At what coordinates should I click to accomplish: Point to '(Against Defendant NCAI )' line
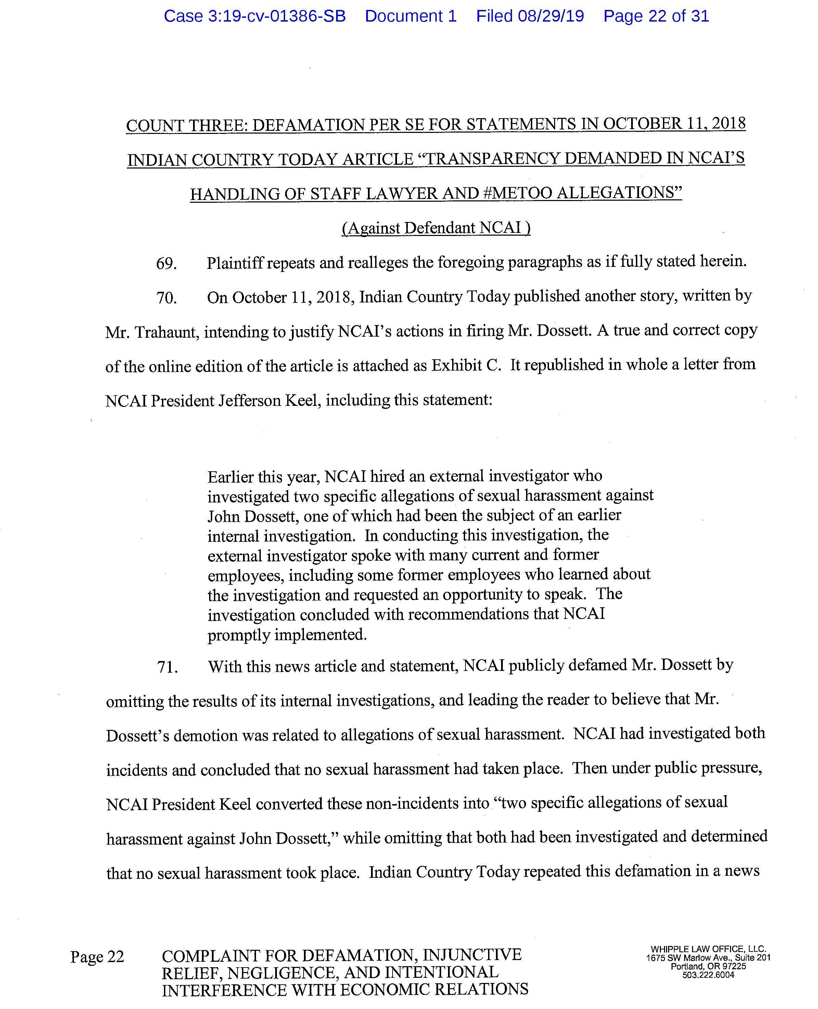coord(436,228)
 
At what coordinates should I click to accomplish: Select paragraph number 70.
coord(166,298)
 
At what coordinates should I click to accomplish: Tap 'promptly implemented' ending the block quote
coord(286,635)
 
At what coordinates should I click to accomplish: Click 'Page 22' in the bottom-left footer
coord(97,957)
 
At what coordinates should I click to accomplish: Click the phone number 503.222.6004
coord(708,975)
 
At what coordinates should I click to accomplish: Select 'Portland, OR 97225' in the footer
coord(708,967)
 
